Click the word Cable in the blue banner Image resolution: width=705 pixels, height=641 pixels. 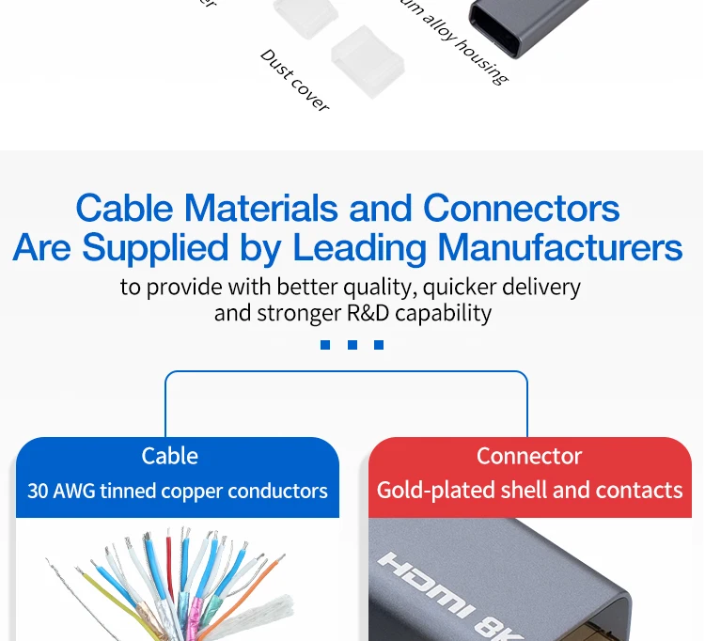click(x=169, y=457)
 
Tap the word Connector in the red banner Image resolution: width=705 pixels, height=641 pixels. click(x=529, y=457)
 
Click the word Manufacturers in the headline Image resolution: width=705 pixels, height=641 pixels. click(x=560, y=248)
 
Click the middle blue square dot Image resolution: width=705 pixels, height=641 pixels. click(x=352, y=345)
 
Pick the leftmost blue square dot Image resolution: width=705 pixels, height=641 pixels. click(x=325, y=345)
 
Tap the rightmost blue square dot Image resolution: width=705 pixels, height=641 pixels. click(x=379, y=345)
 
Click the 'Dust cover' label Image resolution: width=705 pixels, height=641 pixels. click(x=294, y=81)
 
